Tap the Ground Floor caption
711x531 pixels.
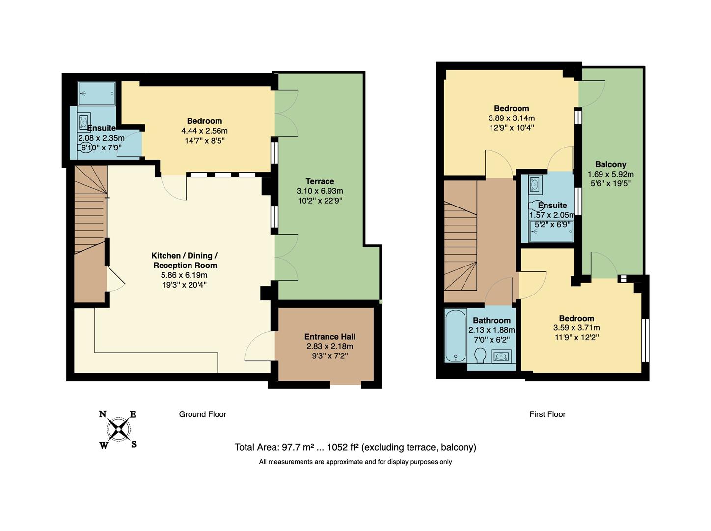(x=202, y=414)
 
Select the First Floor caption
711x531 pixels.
(x=547, y=414)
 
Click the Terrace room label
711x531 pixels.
(x=320, y=181)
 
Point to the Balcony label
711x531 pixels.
(x=610, y=165)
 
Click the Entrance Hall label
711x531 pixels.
(x=329, y=337)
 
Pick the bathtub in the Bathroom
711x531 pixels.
(x=456, y=336)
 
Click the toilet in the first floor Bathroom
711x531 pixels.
(x=480, y=355)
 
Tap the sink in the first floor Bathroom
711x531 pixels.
(x=501, y=355)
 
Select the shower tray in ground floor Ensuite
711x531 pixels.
(x=97, y=93)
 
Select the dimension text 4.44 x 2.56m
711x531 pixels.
(x=204, y=131)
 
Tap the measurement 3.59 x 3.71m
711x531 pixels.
(x=576, y=328)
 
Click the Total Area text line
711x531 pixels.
(x=355, y=447)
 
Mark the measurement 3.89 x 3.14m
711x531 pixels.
(x=511, y=118)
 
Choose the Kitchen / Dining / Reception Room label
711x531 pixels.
(x=184, y=261)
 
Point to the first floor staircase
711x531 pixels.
(x=461, y=241)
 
